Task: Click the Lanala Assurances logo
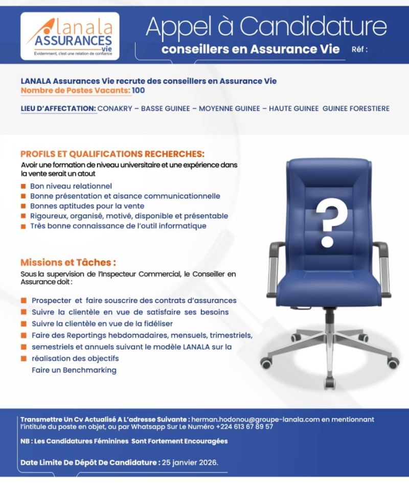[70, 35]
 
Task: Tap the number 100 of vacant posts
[139, 90]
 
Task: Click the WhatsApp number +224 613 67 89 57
[244, 426]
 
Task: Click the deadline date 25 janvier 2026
[190, 463]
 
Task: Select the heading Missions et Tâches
[68, 262]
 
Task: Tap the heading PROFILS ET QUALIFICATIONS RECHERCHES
[112, 153]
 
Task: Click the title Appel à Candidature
[266, 27]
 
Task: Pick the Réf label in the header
[360, 50]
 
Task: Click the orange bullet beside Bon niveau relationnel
[24, 187]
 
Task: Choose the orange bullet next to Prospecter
[24, 300]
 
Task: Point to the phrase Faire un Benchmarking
[74, 369]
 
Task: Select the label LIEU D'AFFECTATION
[58, 108]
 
